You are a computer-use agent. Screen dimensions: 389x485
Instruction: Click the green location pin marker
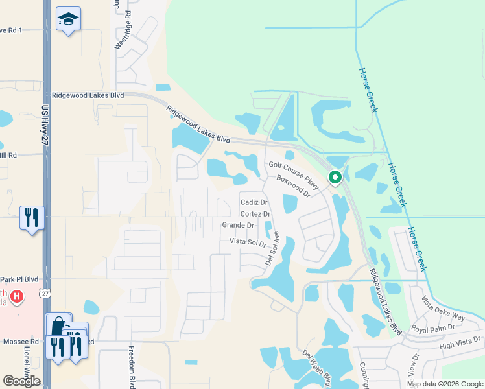335,176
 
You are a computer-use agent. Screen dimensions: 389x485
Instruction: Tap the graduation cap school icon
68,19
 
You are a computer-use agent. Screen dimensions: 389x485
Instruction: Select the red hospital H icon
18,297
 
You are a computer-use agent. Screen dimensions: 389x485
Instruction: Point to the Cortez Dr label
255,214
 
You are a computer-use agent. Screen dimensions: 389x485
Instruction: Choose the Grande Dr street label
238,226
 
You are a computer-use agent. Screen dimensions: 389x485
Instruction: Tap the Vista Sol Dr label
248,242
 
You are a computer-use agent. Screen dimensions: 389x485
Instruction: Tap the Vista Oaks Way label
444,309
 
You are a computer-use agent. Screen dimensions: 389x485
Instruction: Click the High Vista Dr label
461,342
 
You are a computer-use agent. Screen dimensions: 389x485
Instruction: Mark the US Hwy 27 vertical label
45,130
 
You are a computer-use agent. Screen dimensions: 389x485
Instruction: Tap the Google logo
21,381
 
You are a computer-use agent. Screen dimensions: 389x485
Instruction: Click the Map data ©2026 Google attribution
444,384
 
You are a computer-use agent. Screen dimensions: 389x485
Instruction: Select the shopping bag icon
58,324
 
